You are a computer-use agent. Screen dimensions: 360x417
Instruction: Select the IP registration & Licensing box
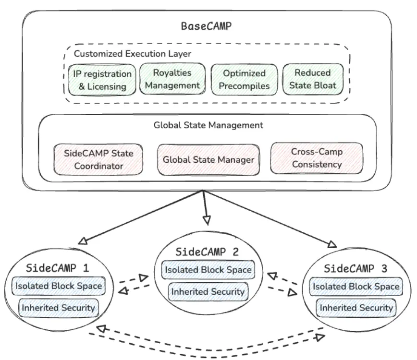click(x=101, y=80)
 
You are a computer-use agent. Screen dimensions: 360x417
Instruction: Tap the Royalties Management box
click(x=172, y=79)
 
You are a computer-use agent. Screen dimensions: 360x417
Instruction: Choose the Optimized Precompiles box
click(x=244, y=80)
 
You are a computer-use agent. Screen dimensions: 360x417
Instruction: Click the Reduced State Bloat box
click(x=312, y=79)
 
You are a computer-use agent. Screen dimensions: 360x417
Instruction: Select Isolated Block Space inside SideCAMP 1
click(x=59, y=287)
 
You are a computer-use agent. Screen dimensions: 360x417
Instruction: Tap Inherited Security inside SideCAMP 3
click(x=356, y=307)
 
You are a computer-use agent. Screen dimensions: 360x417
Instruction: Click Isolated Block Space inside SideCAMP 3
click(x=356, y=287)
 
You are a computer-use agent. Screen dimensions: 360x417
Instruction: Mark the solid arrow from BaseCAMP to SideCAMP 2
click(x=206, y=206)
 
